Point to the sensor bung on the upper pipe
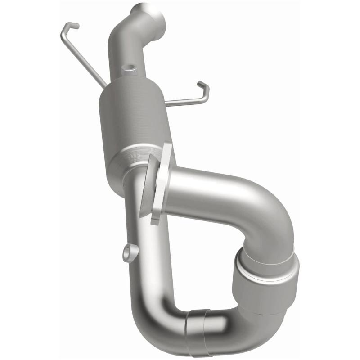(x=130, y=69)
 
